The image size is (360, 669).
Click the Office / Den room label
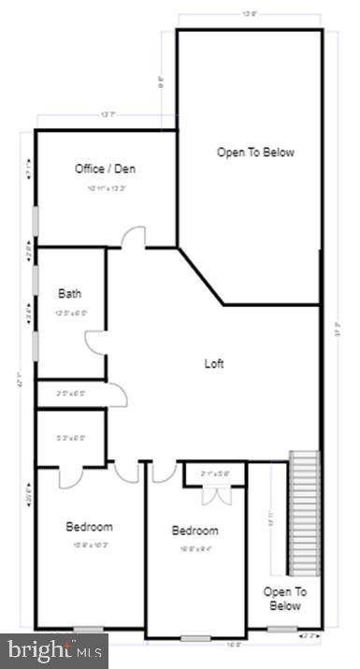click(106, 168)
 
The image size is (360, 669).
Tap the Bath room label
click(70, 293)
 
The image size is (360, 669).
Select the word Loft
click(214, 363)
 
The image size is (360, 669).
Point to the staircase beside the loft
click(304, 513)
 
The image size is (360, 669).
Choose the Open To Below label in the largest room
click(255, 153)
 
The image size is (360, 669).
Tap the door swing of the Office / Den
click(134, 237)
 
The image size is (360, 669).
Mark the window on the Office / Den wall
click(36, 222)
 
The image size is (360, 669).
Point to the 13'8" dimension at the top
click(250, 14)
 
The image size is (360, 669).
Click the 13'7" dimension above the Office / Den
click(108, 115)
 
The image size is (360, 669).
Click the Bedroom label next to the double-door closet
click(194, 531)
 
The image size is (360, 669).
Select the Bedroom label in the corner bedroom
click(89, 526)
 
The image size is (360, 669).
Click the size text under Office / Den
click(106, 188)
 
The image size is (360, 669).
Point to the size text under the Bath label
click(71, 312)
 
